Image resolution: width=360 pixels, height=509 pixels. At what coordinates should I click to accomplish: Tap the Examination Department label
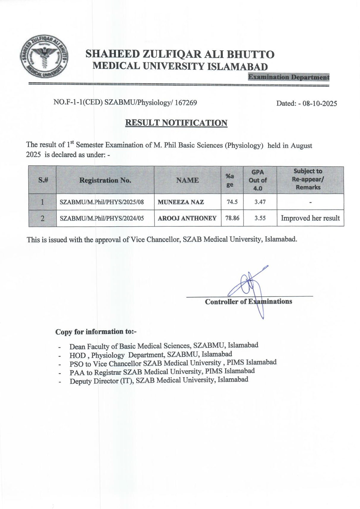[x=289, y=77]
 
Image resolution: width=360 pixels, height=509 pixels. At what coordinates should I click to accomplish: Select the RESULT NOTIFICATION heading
[x=176, y=123]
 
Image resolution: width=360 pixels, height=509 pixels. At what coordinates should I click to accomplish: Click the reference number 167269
[x=186, y=103]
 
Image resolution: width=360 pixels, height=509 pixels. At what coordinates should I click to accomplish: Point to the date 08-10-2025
[x=320, y=103]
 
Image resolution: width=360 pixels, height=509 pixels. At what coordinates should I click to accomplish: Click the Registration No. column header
[x=105, y=180]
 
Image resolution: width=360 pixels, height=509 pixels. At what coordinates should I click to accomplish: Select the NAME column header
[x=187, y=180]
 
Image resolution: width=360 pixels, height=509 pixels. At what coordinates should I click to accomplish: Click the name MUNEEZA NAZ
[x=181, y=202]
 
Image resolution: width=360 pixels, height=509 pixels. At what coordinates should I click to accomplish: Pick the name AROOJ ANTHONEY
[x=187, y=218]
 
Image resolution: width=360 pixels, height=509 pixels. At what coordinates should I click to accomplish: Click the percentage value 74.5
[x=232, y=202]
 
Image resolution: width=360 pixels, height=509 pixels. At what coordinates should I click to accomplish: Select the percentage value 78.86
[x=232, y=218]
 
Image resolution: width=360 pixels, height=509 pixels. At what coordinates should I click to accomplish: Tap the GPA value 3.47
[x=260, y=202]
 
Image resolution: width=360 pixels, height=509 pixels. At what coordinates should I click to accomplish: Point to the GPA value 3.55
[x=260, y=218]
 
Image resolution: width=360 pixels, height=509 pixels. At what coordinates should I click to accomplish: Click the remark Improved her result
[x=310, y=218]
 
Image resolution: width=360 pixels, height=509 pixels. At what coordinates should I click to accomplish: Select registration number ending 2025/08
[x=102, y=202]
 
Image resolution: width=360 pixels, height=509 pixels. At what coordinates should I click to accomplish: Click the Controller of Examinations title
[x=248, y=302]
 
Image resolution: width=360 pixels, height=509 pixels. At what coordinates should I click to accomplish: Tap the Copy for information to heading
[x=96, y=332]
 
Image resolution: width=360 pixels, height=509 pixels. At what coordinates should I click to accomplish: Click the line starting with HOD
[x=151, y=355]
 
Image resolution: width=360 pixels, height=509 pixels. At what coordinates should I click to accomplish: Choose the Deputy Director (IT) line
[x=159, y=380]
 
